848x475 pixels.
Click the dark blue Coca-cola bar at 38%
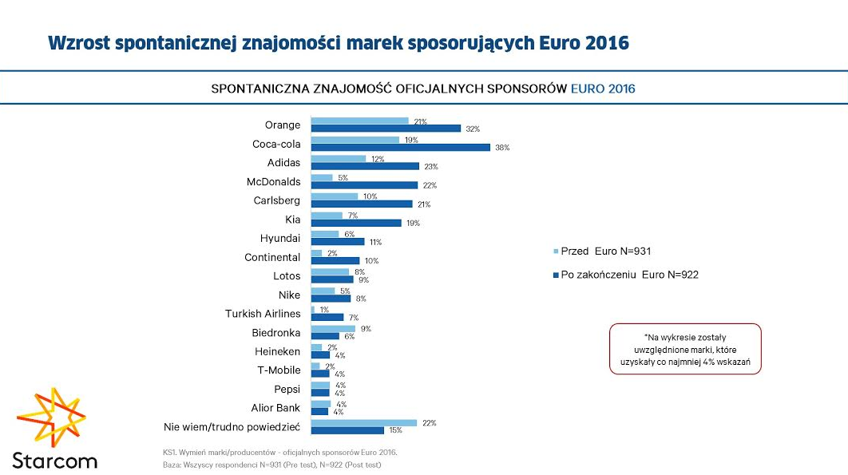tap(400, 148)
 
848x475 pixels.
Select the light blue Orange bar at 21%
tap(359, 121)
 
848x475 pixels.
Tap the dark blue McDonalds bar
tap(364, 185)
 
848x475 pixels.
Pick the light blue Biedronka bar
tap(333, 329)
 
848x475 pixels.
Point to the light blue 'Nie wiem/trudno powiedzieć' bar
tap(363, 423)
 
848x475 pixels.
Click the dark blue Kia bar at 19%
tap(356, 223)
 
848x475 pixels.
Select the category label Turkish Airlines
tap(263, 314)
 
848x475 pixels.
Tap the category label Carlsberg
tap(277, 200)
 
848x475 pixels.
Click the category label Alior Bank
tap(275, 408)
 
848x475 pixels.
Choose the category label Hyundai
tap(280, 238)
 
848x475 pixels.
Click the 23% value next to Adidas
tap(431, 167)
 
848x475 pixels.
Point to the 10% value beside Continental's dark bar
tap(371, 261)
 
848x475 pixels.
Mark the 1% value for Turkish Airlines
tap(324, 310)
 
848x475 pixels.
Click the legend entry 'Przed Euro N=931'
tap(605, 251)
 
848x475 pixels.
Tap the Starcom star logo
tap(51, 418)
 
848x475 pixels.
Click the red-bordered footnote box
tap(684, 349)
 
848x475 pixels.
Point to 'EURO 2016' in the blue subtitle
tap(603, 89)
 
